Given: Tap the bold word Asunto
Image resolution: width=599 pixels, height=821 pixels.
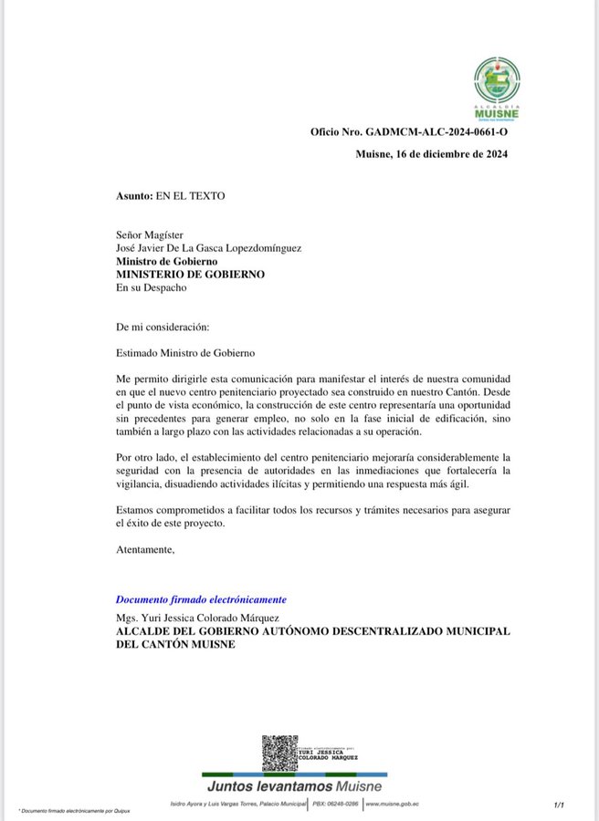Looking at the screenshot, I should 134,196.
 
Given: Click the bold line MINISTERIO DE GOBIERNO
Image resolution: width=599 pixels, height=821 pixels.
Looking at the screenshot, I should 190,274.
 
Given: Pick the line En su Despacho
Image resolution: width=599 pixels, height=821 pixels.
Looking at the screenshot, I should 151,287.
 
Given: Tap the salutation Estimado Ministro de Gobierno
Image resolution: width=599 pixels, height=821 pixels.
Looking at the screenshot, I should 185,352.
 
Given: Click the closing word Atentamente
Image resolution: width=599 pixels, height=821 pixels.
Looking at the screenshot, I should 144,549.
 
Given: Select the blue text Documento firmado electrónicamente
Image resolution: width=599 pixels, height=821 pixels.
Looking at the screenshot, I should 201,599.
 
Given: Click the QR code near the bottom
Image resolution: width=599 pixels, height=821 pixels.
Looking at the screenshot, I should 279,753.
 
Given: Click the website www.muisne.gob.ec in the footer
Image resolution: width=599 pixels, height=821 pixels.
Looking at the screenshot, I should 392,804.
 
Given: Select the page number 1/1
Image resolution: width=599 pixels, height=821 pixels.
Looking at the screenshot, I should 559,805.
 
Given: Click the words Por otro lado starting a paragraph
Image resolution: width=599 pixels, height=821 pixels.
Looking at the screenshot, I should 147,456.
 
